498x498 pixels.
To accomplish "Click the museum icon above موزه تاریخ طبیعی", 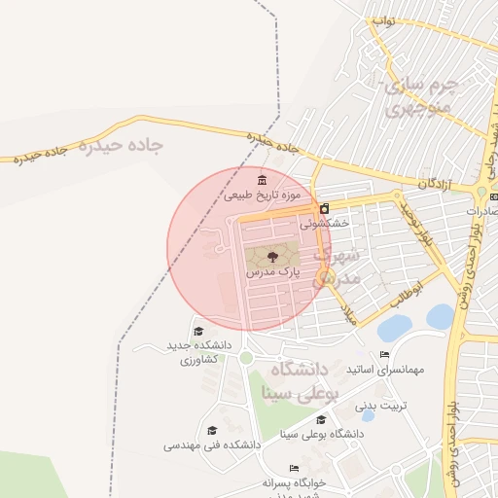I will tap(261, 181).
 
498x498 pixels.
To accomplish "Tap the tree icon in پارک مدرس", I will tap(271, 257).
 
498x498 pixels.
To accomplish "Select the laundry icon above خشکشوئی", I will tap(324, 208).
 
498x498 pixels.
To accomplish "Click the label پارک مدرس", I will tap(271, 274).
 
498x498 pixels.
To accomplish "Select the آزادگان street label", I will tap(437, 183).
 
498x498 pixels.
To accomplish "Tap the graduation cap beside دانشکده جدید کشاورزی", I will tap(198, 331).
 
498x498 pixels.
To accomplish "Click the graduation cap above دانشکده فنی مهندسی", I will tap(212, 430).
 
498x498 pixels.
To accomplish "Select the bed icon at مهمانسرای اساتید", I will tap(384, 355).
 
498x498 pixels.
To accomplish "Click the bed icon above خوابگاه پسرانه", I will tap(294, 467).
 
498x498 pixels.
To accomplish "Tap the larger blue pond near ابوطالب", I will tap(440, 317).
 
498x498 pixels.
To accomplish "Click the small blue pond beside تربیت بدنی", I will tap(368, 416).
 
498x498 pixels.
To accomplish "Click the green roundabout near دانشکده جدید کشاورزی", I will tap(246, 358).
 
